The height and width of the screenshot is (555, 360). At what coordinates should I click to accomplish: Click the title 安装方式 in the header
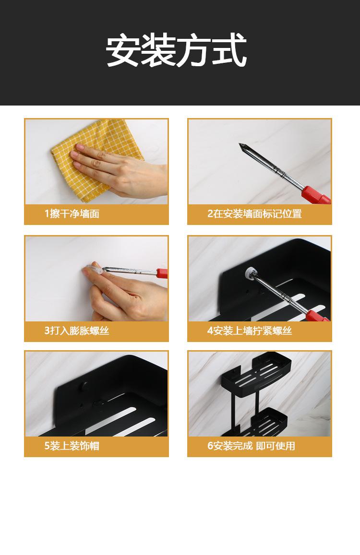click(176, 50)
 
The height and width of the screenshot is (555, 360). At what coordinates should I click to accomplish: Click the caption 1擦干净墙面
click(72, 214)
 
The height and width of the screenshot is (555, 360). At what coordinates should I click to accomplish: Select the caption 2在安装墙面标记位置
click(254, 214)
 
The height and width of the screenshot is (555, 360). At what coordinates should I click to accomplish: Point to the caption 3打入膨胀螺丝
click(77, 331)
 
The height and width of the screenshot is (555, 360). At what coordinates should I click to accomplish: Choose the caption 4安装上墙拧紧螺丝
click(250, 331)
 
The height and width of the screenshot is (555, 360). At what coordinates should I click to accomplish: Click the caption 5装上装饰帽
click(72, 446)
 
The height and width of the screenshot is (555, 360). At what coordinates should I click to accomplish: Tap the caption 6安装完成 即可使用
click(251, 446)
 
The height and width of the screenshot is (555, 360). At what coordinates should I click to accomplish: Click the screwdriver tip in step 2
click(240, 144)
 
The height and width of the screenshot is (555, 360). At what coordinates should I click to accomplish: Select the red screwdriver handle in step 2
click(316, 196)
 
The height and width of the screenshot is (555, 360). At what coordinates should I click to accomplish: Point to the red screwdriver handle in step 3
click(162, 273)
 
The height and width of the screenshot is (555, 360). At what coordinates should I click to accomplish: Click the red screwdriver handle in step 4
click(317, 316)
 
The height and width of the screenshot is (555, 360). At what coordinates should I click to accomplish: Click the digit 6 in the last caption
click(210, 446)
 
